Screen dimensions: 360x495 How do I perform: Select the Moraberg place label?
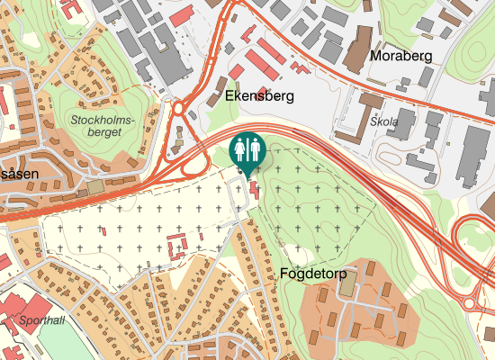[x=400, y=56]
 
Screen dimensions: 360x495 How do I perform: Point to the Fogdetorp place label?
[x=314, y=272]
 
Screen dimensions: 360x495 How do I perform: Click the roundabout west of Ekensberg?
[x=178, y=109]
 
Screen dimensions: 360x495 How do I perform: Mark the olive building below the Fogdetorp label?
[x=348, y=285]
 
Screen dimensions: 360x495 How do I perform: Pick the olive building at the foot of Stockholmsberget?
[x=94, y=186]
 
